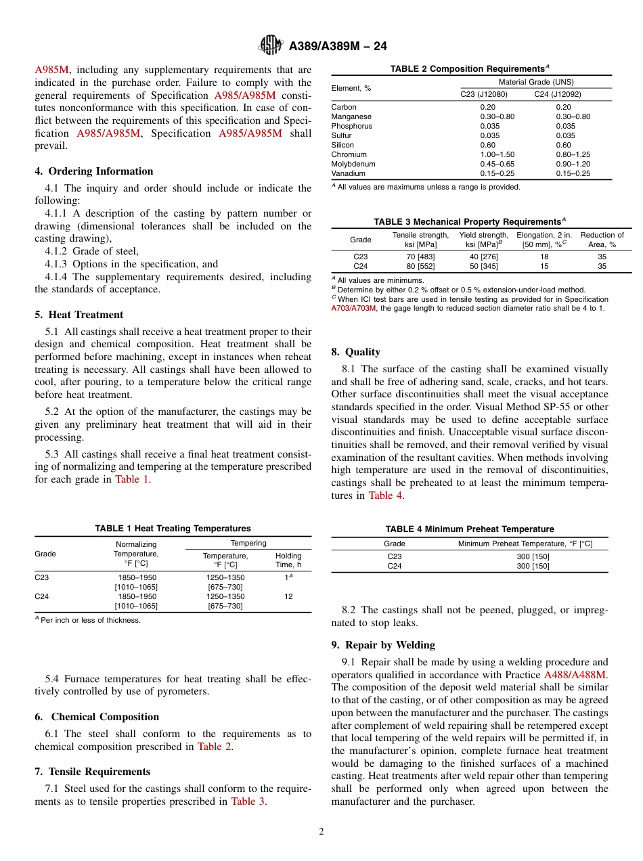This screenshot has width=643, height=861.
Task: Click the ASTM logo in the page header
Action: [271, 46]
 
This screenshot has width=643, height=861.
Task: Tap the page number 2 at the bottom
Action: [321, 831]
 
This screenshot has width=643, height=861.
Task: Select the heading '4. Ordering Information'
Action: [94, 171]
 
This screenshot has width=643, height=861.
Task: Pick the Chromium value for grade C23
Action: [497, 154]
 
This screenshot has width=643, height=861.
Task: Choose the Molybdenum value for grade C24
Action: [573, 164]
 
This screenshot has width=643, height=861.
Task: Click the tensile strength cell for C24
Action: [420, 266]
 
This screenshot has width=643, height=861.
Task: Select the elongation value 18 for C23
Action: [544, 257]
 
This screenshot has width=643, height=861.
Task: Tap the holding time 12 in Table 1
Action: [288, 596]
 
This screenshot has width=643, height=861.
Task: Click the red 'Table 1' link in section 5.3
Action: [131, 479]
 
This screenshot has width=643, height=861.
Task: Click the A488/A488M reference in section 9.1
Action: [575, 675]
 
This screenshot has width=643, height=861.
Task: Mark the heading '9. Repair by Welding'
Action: [383, 645]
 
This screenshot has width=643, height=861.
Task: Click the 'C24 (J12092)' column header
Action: [557, 94]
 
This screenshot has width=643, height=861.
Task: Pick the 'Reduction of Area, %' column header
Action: [602, 240]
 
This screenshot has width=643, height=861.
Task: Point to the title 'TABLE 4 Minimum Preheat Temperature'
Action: [470, 529]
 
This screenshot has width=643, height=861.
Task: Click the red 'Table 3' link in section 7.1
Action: [248, 801]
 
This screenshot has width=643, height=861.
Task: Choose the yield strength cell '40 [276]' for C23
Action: [483, 257]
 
